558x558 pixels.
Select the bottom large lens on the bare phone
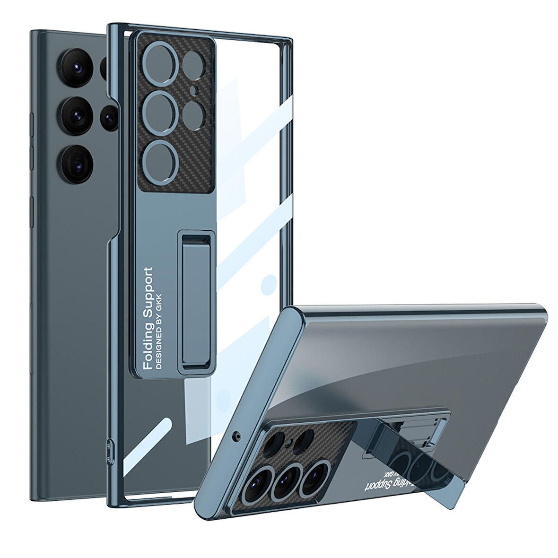(76, 164)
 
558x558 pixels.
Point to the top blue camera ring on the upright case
(160, 63)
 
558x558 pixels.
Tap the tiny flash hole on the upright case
(193, 90)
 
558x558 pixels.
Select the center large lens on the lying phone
(283, 481)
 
